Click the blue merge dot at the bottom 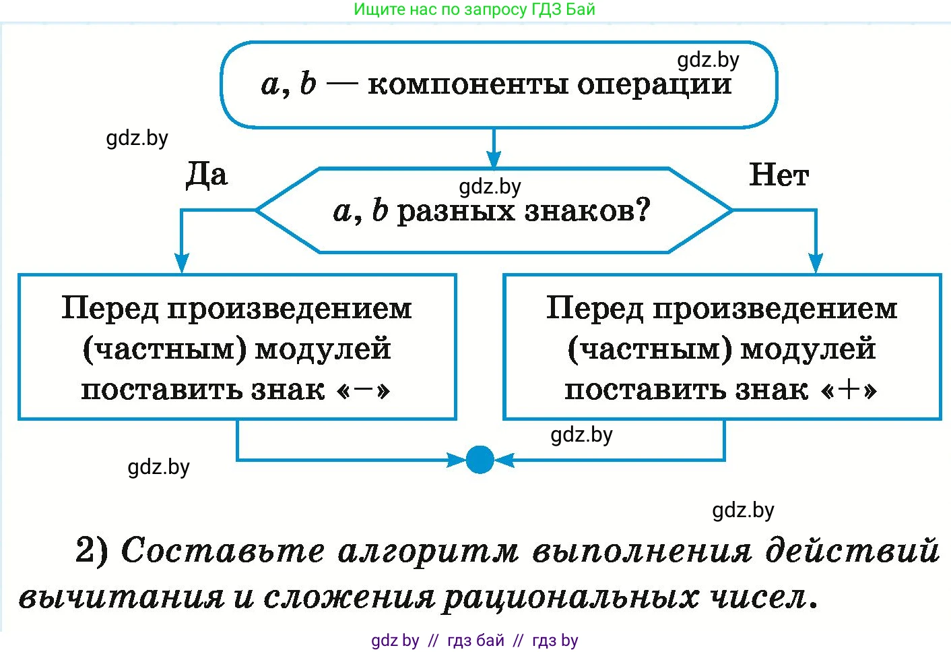pyautogui.click(x=480, y=460)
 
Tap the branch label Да pyautogui.click(x=207, y=175)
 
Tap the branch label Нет pyautogui.click(x=779, y=175)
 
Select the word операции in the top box pyautogui.click(x=654, y=84)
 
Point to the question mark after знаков pyautogui.click(x=643, y=210)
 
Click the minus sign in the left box pyautogui.click(x=363, y=389)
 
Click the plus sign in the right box pyautogui.click(x=849, y=389)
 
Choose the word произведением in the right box pyautogui.click(x=775, y=309)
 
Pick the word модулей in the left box pyautogui.click(x=323, y=349)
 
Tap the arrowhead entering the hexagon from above pyautogui.click(x=494, y=160)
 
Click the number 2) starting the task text pyautogui.click(x=92, y=550)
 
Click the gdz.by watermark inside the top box pyautogui.click(x=708, y=60)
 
